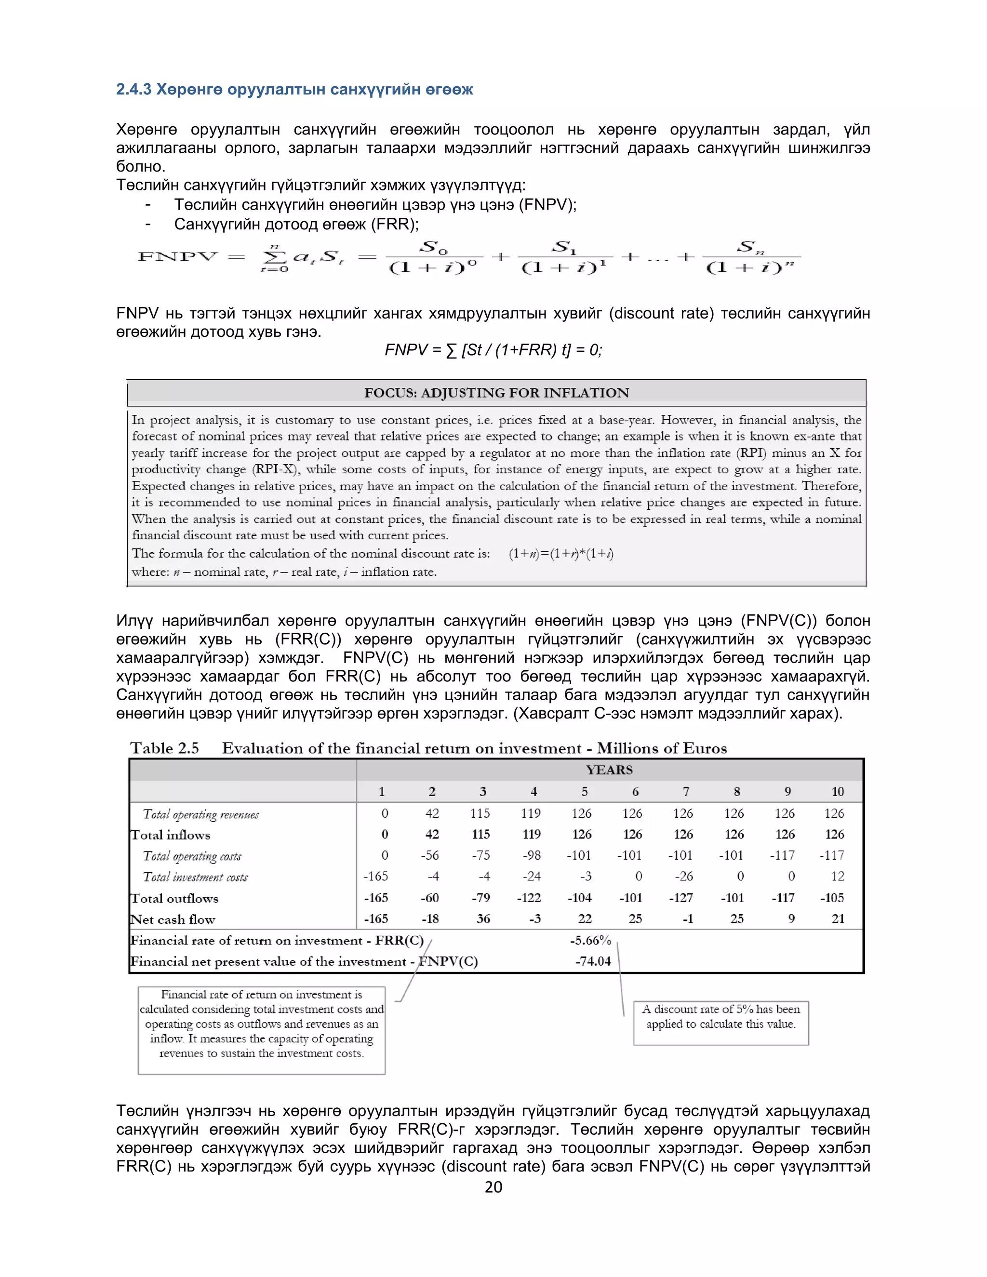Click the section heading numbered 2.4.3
click(x=294, y=90)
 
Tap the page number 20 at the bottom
click(x=493, y=1186)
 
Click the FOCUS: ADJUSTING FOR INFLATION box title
click(x=496, y=393)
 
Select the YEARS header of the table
click(x=609, y=770)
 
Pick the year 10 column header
click(x=837, y=792)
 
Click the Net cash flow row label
click(x=173, y=919)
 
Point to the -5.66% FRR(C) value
click(x=590, y=940)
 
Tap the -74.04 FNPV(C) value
click(x=592, y=961)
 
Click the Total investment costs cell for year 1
click(x=376, y=877)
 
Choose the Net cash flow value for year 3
click(x=483, y=918)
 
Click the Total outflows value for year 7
click(x=681, y=898)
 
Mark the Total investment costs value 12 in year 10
click(x=837, y=877)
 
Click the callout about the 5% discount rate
click(x=720, y=1016)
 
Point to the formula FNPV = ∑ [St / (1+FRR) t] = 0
click(x=493, y=350)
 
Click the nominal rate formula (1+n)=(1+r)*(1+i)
click(x=561, y=554)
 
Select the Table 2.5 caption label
click(x=164, y=748)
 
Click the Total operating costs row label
click(x=192, y=856)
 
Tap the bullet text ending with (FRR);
click(x=296, y=225)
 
